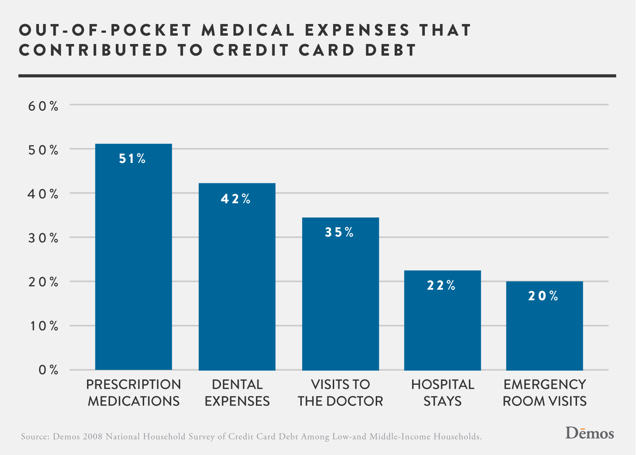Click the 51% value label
click(132, 159)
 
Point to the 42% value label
click(236, 199)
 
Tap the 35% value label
click(339, 232)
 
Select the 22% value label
click(441, 286)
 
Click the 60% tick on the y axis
click(43, 106)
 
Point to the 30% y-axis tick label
click(43, 238)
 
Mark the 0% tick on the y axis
click(48, 370)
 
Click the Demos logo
click(589, 433)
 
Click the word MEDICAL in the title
click(248, 30)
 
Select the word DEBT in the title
click(391, 50)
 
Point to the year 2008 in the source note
click(92, 436)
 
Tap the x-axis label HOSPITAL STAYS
click(442, 393)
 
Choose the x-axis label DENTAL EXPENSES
click(237, 393)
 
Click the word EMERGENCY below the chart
click(545, 385)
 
